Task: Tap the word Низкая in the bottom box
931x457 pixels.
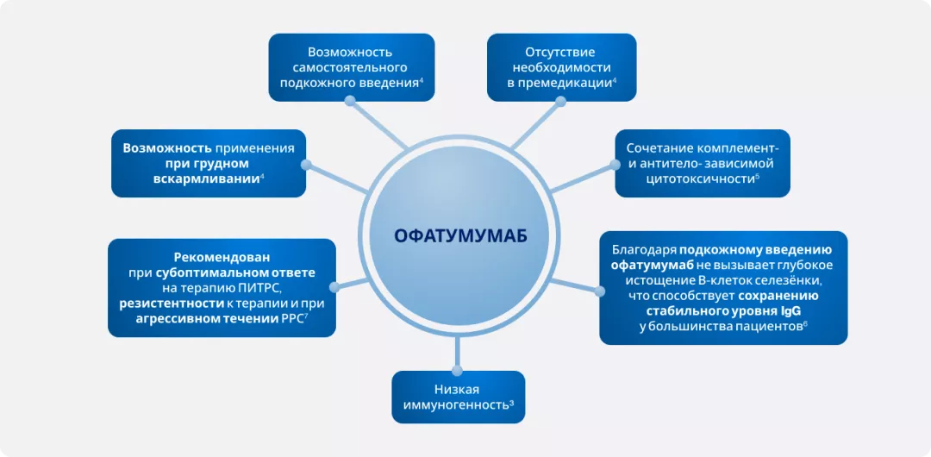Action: point(458,391)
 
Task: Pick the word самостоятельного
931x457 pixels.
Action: point(350,67)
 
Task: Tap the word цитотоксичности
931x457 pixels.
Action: point(685,178)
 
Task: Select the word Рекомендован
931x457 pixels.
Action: point(222,257)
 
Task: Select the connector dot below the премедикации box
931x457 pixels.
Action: point(561,101)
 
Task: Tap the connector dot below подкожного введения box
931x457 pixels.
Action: point(350,101)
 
